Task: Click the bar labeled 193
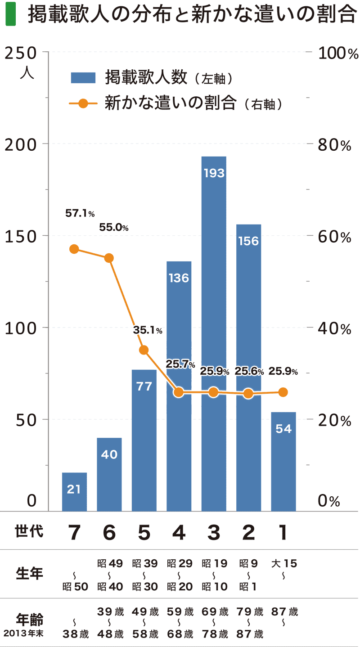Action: (x=214, y=333)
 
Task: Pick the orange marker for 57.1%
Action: (x=74, y=249)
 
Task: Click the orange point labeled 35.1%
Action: (x=144, y=350)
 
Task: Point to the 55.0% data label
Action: (x=114, y=228)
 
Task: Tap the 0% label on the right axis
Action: (x=329, y=501)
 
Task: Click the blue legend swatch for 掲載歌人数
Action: (x=83, y=77)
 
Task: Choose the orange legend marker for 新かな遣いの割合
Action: (x=83, y=103)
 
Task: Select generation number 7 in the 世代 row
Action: (x=74, y=533)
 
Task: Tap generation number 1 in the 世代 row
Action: (x=283, y=533)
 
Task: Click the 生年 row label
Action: (x=30, y=575)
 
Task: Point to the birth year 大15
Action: (x=283, y=563)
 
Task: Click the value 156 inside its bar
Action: (x=248, y=241)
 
